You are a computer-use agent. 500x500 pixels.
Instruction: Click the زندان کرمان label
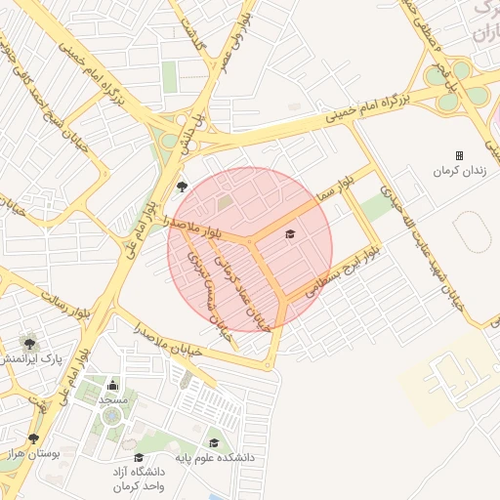(457, 171)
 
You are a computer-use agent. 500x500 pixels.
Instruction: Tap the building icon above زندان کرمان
(459, 155)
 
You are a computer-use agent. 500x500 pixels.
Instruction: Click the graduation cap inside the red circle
(289, 233)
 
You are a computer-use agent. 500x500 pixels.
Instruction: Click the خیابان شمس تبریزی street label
(214, 294)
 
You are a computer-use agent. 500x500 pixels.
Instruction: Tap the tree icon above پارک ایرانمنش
(30, 343)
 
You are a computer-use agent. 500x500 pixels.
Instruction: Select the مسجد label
(113, 399)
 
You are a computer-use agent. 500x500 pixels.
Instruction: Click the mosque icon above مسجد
(112, 385)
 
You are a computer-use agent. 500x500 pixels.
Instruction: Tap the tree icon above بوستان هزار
(35, 438)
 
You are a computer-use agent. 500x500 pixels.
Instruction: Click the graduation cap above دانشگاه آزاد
(139, 457)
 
